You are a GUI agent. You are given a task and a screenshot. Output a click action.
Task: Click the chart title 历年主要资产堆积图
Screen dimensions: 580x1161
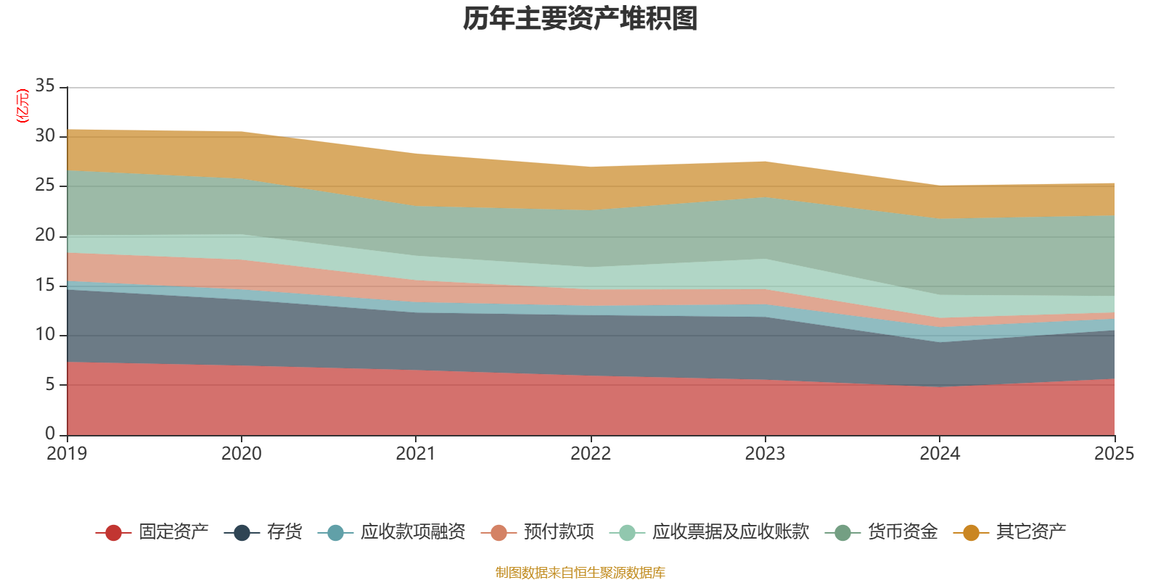coord(580,20)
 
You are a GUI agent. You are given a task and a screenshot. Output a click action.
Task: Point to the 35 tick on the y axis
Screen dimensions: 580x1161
coord(45,86)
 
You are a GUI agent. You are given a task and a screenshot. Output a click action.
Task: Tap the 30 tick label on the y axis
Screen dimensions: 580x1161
coord(45,136)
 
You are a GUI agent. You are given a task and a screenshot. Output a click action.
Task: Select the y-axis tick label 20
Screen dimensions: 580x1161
coord(45,236)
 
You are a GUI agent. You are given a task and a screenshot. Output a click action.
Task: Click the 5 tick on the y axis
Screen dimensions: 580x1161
coord(50,384)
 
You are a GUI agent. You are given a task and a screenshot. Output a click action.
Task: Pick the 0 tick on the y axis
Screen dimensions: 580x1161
coord(50,434)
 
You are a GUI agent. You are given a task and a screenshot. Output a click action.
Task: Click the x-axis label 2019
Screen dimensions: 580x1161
coord(67,454)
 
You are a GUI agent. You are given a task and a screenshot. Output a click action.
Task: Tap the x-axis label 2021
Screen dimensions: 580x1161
coord(416,454)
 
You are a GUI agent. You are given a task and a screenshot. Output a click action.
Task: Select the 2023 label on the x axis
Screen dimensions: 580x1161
coord(765,454)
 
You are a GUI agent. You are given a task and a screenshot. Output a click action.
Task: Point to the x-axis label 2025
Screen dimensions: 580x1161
coord(1114,454)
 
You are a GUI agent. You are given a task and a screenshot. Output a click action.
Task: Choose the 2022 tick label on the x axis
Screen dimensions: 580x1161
coord(591,454)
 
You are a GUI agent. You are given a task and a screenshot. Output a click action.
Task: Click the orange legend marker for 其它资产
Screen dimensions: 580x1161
coord(971,533)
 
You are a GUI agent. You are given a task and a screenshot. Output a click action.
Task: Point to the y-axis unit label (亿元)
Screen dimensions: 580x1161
coord(23,106)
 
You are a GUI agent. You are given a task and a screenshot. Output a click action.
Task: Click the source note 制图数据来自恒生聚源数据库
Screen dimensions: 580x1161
coord(580,573)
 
